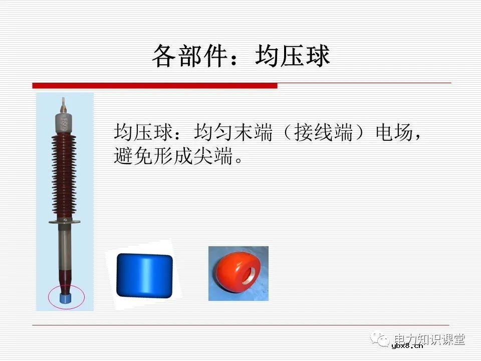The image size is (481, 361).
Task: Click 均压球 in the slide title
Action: pos(293,56)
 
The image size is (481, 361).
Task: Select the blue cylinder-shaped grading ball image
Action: pos(144,275)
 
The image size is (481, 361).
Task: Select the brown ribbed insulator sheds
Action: pos(65,175)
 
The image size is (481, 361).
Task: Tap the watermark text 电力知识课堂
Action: pos(430,339)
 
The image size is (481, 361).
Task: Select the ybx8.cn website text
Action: pos(407,345)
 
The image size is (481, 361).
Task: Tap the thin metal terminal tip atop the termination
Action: pos(63,104)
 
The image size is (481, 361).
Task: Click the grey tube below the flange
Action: pos(65,246)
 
